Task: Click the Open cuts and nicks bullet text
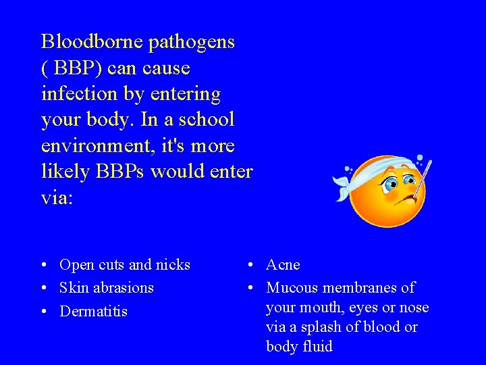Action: pos(125,264)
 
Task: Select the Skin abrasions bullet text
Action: pos(107,287)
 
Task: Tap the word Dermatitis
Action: pos(93,312)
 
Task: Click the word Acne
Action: pos(283,264)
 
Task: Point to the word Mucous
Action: pos(292,288)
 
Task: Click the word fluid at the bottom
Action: pos(317,347)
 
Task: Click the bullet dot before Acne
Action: pos(250,264)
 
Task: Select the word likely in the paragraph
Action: pos(64,171)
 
